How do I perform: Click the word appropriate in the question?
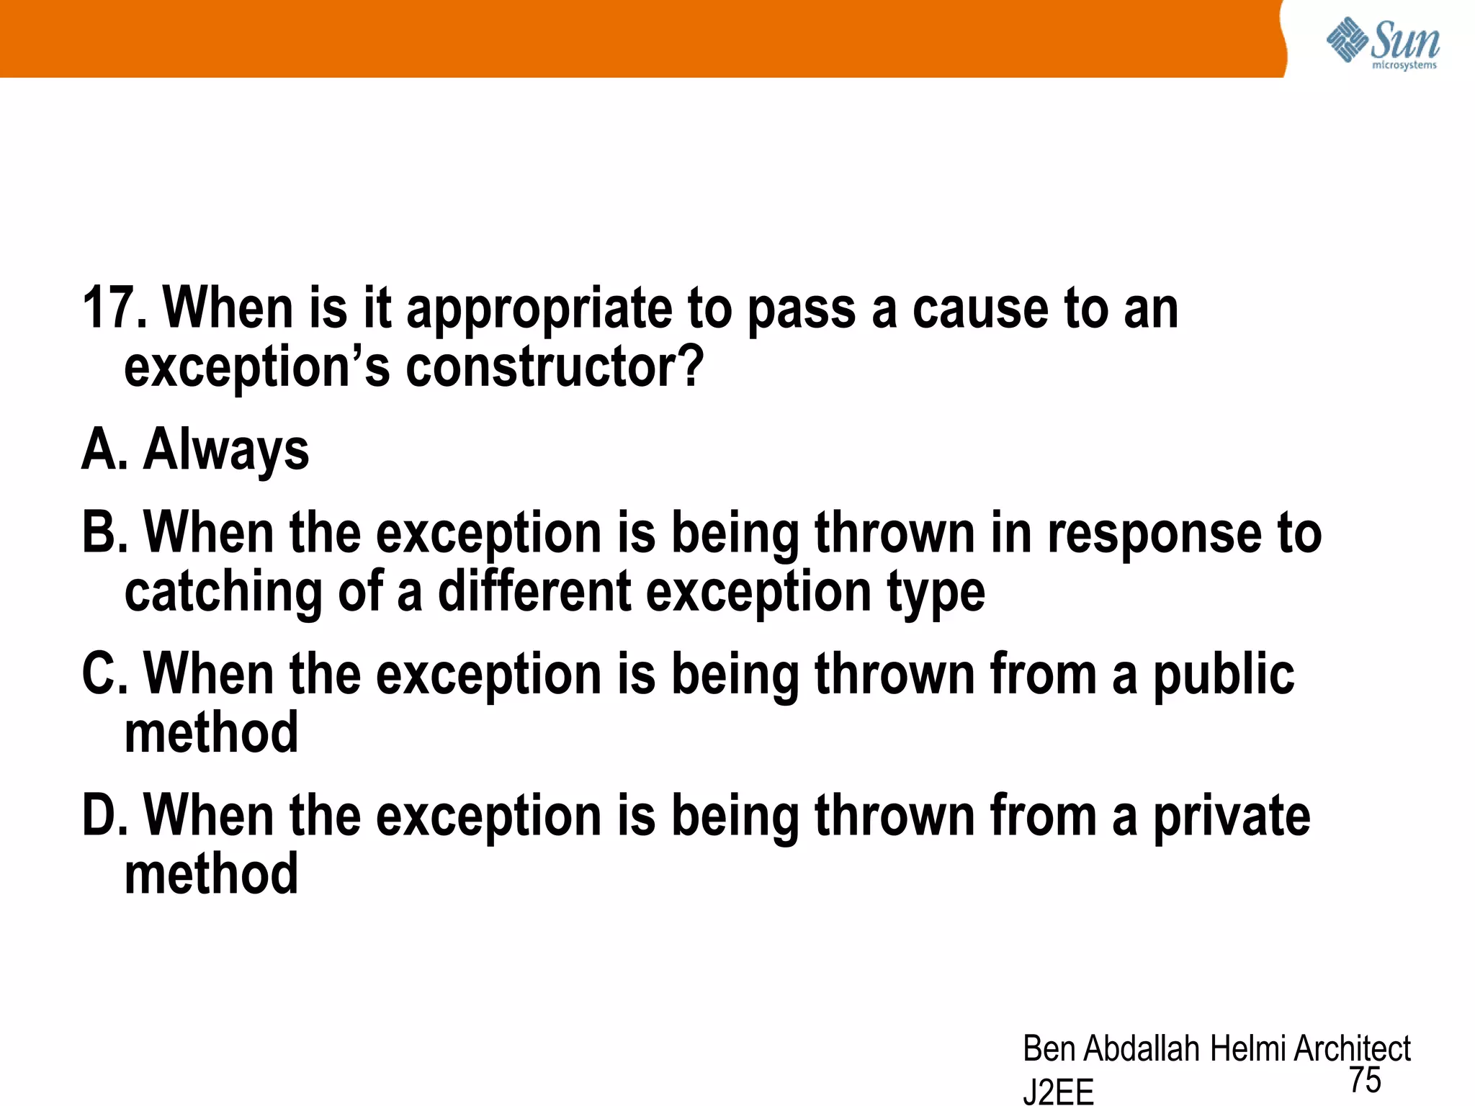tap(539, 310)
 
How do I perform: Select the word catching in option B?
tap(223, 593)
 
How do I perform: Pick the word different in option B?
tap(535, 592)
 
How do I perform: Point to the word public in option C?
tap(1224, 675)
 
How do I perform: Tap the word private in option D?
tap(1232, 817)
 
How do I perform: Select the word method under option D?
tap(211, 874)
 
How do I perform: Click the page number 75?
tap(1365, 1080)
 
